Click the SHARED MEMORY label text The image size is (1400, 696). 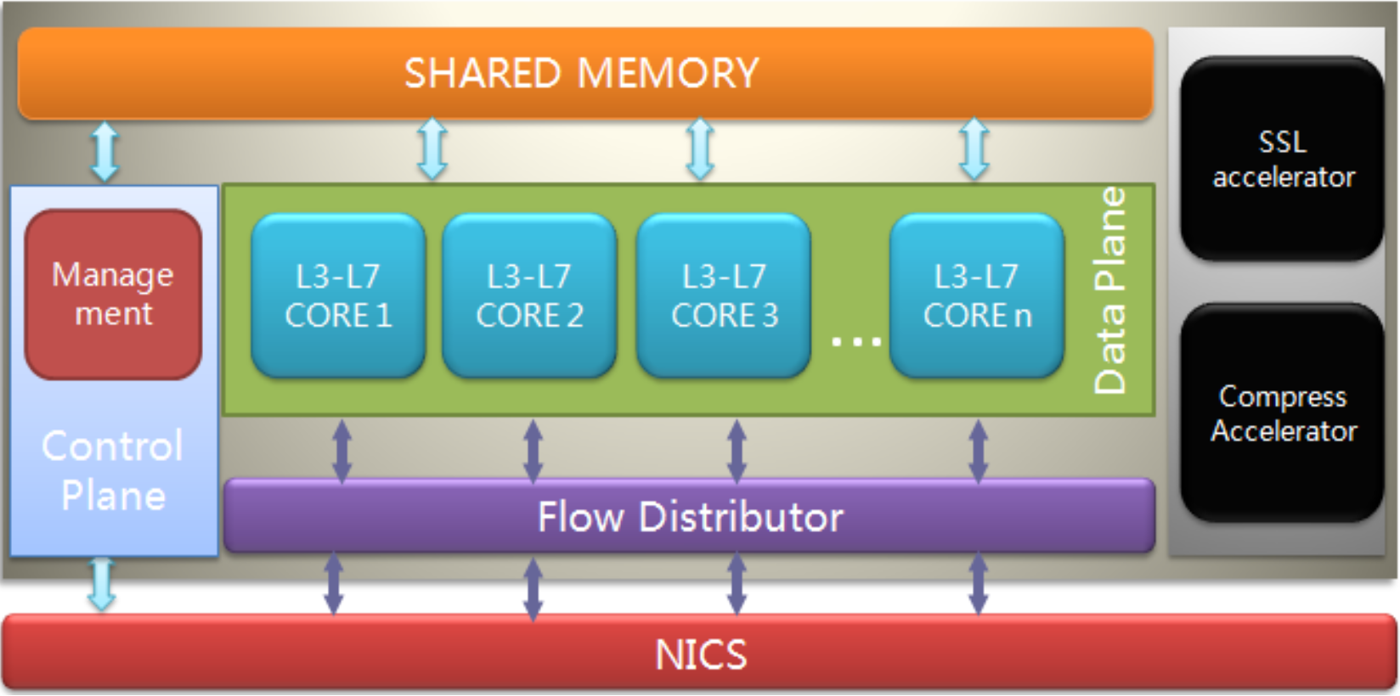pos(581,73)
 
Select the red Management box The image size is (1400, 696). pos(113,294)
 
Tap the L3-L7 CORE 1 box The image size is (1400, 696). pos(338,295)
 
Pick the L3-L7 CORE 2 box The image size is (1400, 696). pos(529,295)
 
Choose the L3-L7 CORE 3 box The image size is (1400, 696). pos(724,295)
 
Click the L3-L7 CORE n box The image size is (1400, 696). pos(977,295)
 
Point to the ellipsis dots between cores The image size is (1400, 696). pos(855,342)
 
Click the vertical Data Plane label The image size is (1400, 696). pos(1110,291)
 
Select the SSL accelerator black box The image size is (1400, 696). pos(1283,159)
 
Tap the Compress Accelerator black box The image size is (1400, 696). pos(1283,413)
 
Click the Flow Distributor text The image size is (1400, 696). pos(690,517)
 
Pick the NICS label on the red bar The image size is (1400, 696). pos(701,654)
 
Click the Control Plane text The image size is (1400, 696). pos(113,471)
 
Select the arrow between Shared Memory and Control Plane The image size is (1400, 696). pos(104,151)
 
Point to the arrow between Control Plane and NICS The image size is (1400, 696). pos(102,584)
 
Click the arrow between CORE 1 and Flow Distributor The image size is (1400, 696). pos(342,451)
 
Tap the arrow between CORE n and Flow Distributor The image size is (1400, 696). pos(978,451)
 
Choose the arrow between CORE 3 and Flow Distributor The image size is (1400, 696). pos(737,451)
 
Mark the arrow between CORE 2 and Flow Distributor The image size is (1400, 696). pos(533,451)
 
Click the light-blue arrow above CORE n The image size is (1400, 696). pos(974,149)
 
